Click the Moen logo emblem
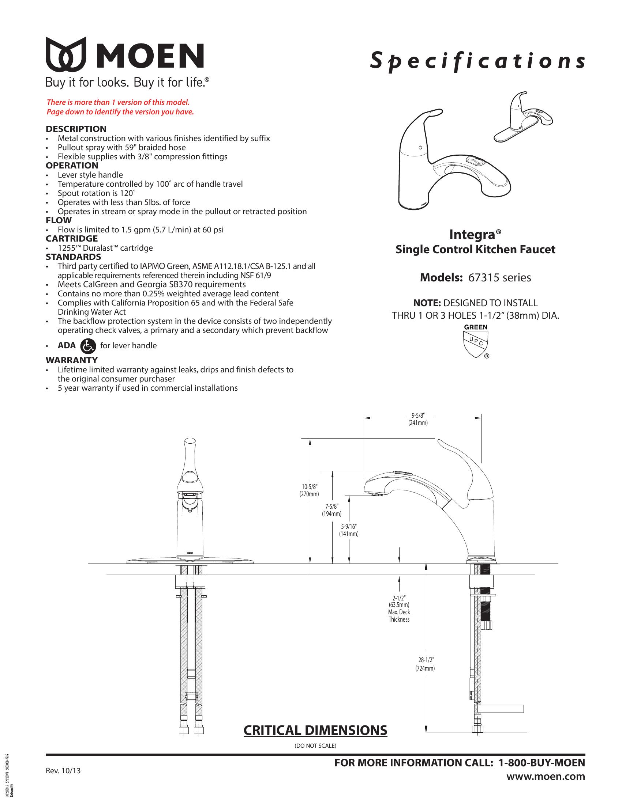(66, 54)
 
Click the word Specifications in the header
(477, 61)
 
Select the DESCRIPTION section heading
(76, 129)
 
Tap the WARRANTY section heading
(71, 360)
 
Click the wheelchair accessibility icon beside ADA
(87, 346)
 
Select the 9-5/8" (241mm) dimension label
(418, 419)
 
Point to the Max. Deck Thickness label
(399, 615)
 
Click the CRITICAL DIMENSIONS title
(315, 730)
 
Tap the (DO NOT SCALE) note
(315, 746)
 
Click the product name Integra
(475, 235)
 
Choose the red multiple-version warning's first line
(118, 102)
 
